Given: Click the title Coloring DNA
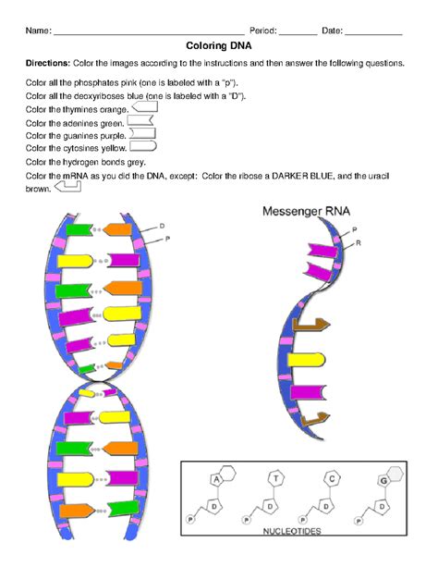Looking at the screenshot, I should click(218, 46).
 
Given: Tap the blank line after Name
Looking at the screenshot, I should click(148, 31).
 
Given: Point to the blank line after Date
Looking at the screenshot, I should click(373, 31).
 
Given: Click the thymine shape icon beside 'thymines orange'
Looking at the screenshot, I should click(146, 108).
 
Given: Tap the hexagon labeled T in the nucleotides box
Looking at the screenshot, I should click(275, 478).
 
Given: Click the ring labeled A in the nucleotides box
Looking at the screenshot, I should click(218, 479).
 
